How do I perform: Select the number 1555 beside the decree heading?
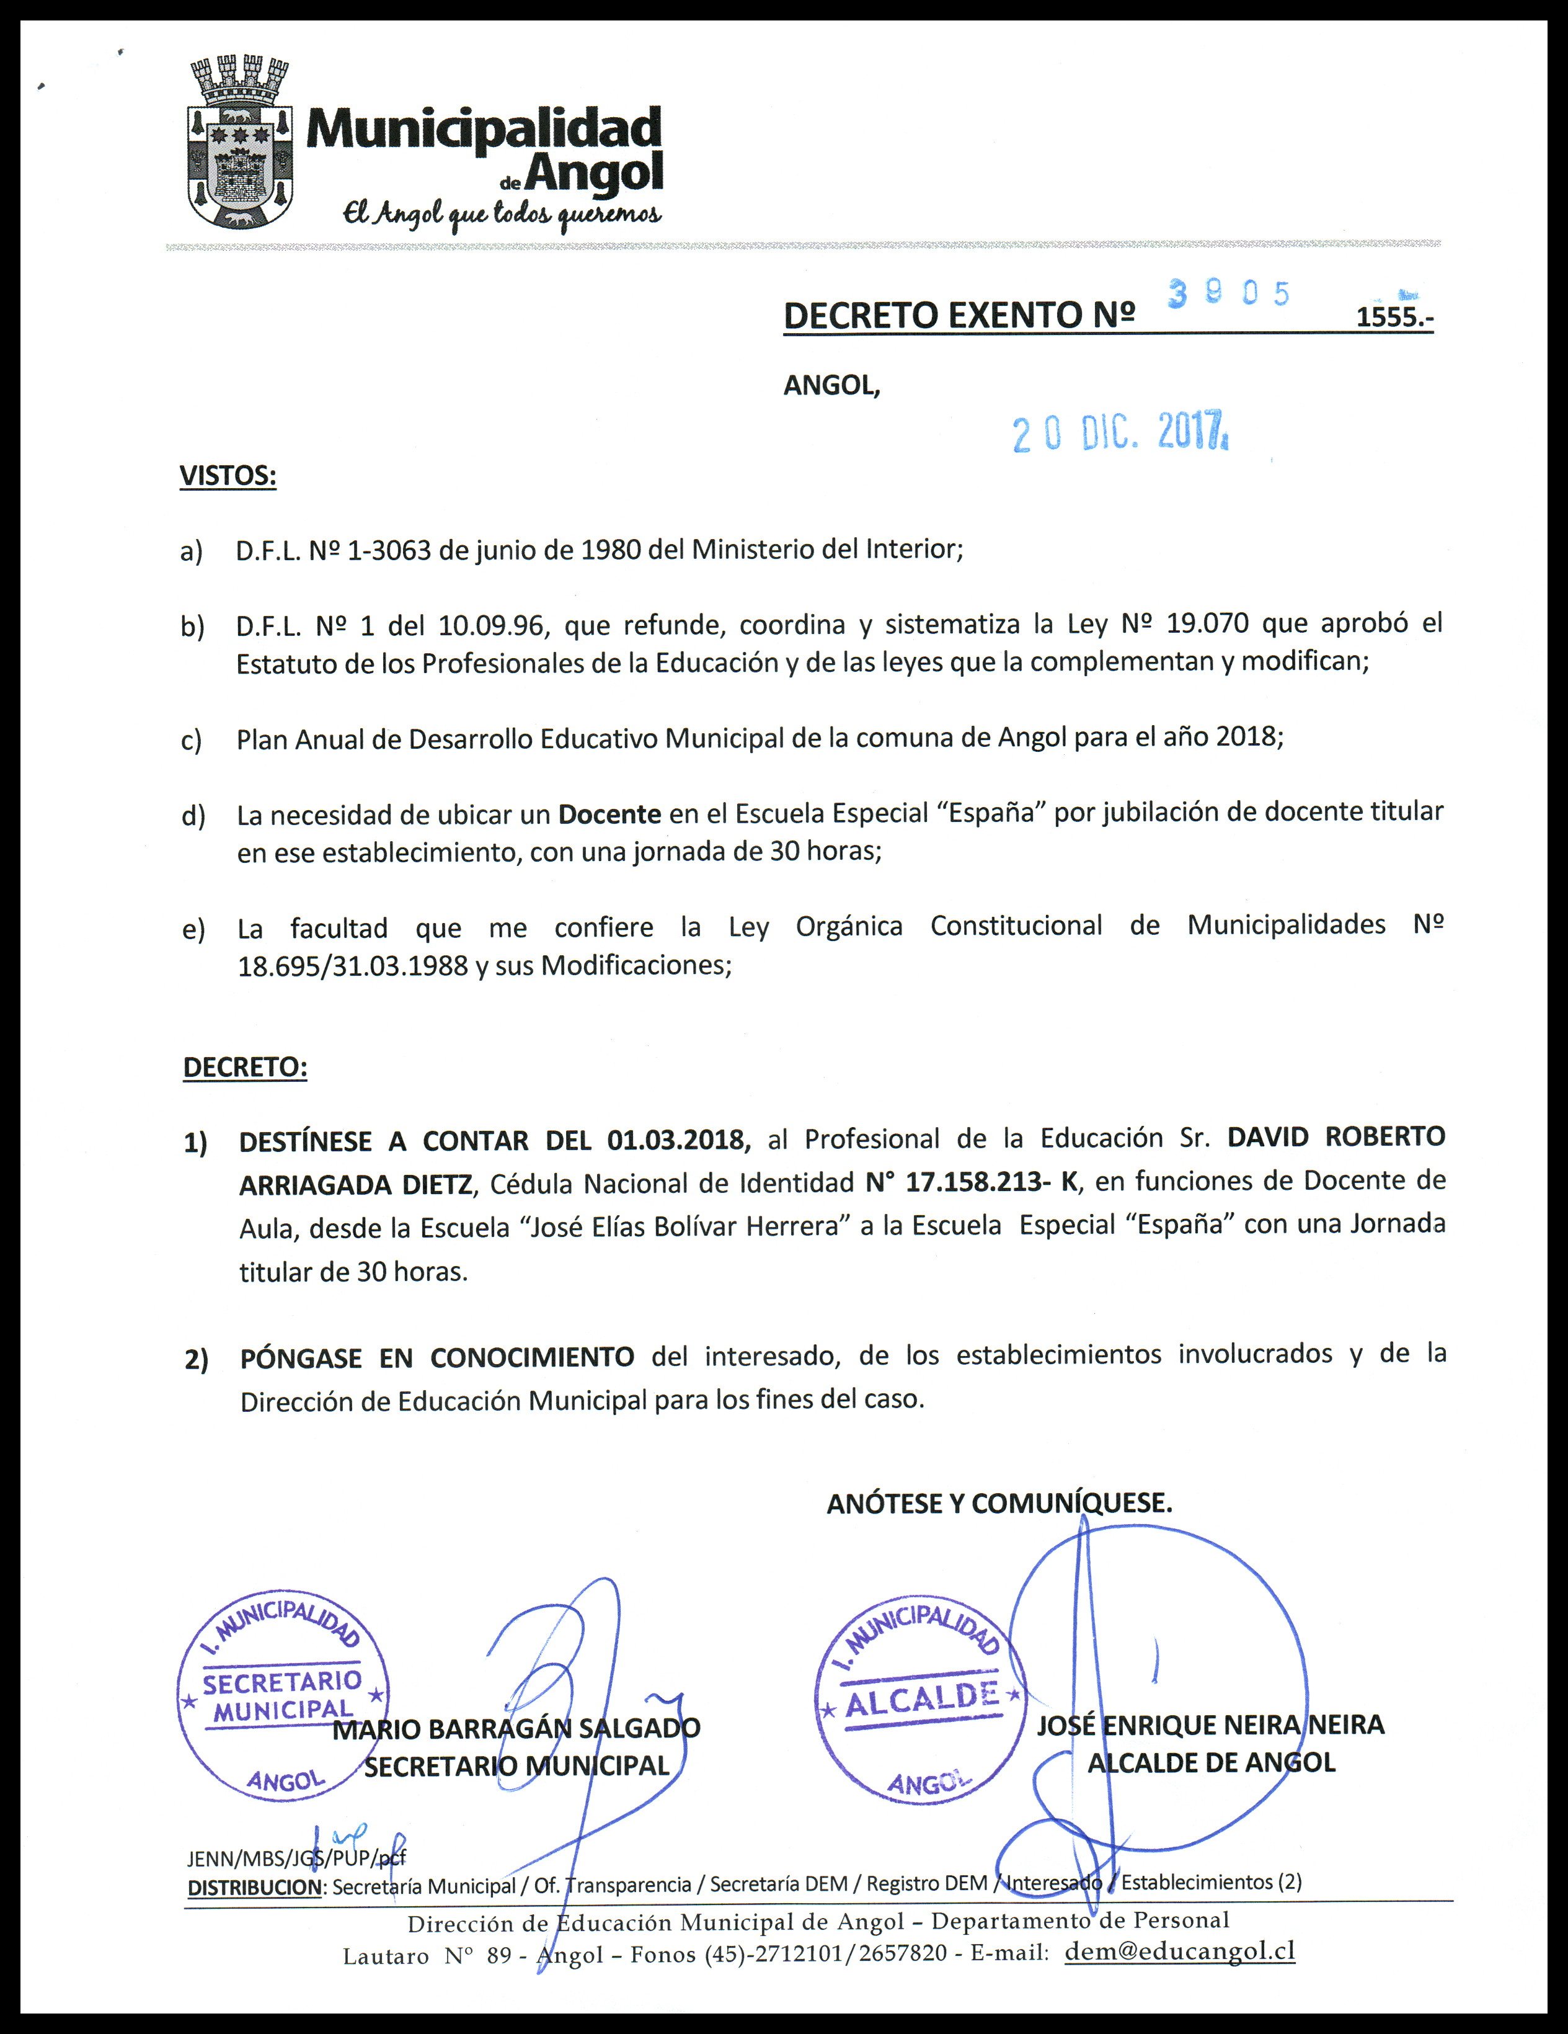coord(1394,318)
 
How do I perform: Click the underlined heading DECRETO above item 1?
coord(245,1068)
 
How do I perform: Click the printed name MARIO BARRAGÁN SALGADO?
coord(516,1729)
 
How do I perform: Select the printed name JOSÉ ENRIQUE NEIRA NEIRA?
coord(1210,1725)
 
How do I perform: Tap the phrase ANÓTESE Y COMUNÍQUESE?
coord(998,1503)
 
